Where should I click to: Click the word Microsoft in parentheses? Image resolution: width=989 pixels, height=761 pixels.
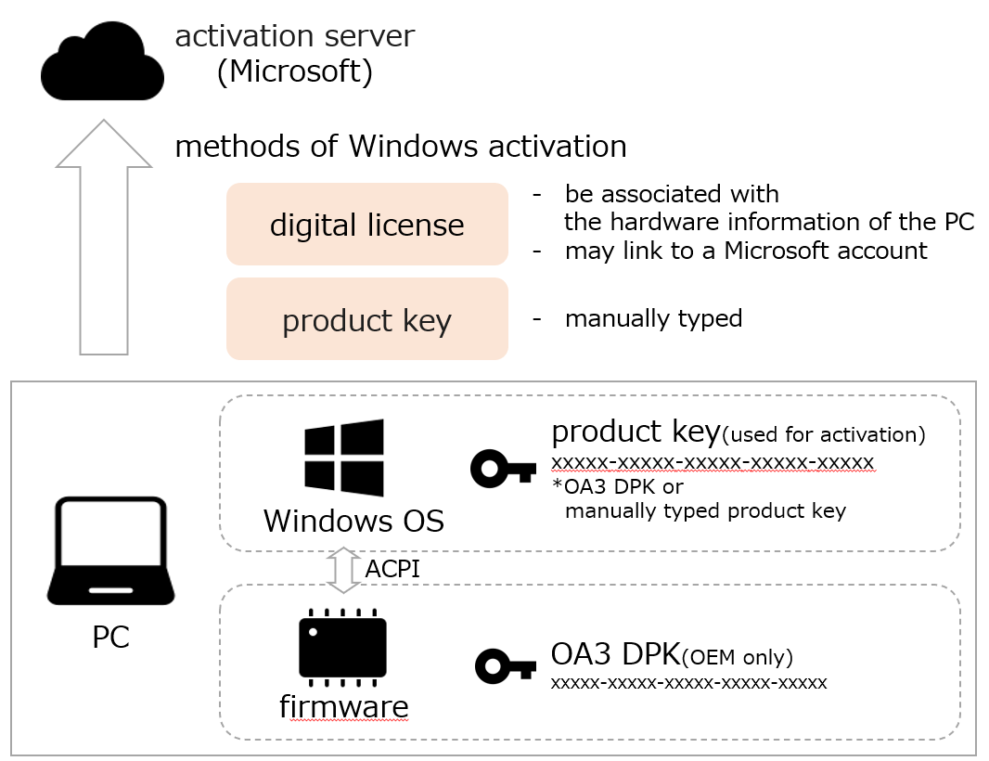[294, 71]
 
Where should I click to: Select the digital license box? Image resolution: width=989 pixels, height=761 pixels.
[366, 225]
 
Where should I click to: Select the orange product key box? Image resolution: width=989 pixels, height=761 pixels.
[366, 319]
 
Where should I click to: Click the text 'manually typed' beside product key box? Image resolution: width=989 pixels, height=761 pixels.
[653, 318]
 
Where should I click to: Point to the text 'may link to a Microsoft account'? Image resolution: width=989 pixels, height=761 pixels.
[745, 251]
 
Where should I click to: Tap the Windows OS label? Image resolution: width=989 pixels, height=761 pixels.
[353, 521]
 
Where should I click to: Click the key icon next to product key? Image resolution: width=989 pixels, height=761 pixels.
[503, 469]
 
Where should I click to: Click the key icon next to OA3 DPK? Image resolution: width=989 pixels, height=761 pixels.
[506, 666]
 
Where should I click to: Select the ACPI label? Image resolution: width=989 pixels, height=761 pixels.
[392, 569]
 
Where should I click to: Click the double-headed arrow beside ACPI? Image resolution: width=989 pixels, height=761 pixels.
[344, 569]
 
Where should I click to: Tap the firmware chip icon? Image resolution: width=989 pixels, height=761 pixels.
[342, 646]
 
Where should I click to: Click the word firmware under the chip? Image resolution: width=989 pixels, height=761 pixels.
[343, 706]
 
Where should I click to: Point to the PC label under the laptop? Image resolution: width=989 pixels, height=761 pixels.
[110, 638]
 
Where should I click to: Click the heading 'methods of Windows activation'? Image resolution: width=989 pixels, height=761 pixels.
[400, 146]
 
